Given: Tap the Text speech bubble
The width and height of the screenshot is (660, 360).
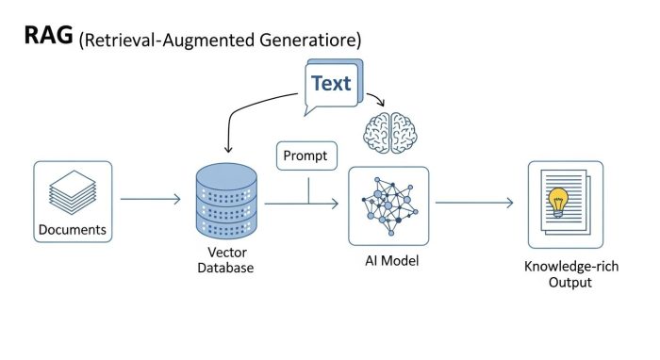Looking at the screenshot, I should [330, 84].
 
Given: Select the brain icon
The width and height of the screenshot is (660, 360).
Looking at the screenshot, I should [388, 132].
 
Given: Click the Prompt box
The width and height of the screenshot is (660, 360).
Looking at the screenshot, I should [305, 155].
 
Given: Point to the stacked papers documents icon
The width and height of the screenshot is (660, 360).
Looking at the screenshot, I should [73, 191].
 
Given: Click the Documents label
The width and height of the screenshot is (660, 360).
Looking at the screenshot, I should [73, 230].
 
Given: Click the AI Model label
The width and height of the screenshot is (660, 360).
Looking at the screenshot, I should [389, 259].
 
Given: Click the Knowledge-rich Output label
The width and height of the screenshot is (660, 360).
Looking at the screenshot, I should [564, 273].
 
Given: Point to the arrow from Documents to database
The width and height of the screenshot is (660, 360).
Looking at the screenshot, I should [150, 199].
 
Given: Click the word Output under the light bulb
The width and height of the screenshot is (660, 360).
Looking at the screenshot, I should [564, 282].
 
